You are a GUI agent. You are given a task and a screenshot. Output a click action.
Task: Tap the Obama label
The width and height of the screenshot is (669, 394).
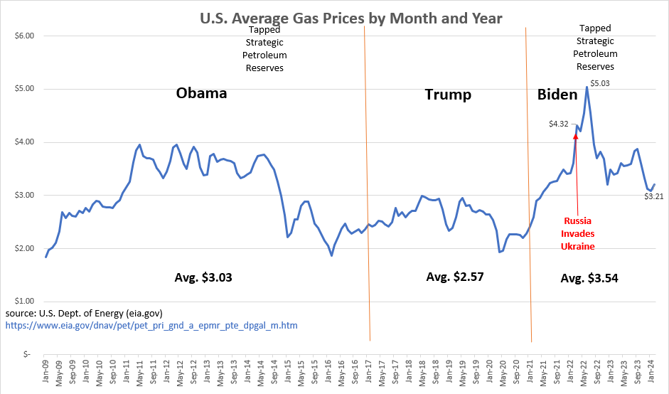[x=201, y=93]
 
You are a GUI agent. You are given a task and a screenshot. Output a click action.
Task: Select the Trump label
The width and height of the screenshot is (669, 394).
[x=448, y=95]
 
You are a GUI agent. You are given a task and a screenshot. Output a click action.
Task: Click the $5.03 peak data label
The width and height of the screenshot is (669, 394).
[x=600, y=83]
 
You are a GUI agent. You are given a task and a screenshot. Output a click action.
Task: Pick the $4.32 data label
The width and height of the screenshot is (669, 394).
[x=559, y=124]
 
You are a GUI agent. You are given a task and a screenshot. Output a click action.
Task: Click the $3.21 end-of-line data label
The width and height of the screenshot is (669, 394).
[x=654, y=196]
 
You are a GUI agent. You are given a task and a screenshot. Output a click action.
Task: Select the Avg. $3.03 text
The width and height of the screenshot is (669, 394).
[x=203, y=277]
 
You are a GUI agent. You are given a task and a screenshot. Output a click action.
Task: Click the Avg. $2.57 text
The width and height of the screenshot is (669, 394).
[x=454, y=277]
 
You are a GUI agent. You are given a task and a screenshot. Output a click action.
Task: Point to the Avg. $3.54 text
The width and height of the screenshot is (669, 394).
[x=589, y=279]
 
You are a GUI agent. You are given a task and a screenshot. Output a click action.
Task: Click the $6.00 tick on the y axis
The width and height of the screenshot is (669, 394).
[x=24, y=36]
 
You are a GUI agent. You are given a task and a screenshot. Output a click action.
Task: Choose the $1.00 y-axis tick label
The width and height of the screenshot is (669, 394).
[x=24, y=301]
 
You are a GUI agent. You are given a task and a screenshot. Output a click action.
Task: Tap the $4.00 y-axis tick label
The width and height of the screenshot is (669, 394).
[x=24, y=142]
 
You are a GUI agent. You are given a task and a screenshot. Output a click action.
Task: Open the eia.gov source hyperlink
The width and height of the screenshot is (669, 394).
[x=151, y=326]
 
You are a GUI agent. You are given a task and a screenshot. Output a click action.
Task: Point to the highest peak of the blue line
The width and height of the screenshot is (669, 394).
[x=587, y=87]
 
